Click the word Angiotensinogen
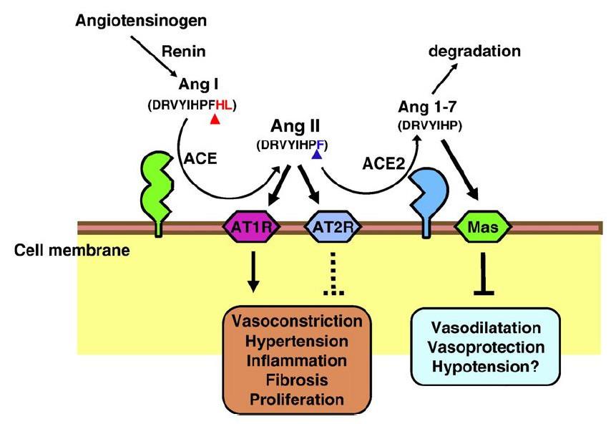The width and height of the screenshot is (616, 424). coord(141,21)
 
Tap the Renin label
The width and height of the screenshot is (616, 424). coord(184,52)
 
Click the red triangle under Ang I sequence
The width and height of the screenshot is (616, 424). coord(215,119)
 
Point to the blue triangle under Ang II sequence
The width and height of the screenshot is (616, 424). coord(317,155)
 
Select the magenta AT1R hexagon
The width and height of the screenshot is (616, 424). coord(252,227)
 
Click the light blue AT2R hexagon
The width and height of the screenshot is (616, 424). coord(333,227)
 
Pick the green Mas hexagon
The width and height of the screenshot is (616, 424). coord(483,227)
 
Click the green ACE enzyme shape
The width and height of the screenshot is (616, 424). coord(157,193)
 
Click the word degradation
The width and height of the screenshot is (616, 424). coord(474,51)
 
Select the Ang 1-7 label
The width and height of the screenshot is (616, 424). coord(427,107)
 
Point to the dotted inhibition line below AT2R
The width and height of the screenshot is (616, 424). coord(333,274)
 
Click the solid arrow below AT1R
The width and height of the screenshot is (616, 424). coord(253,271)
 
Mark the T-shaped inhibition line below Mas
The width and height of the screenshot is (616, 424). coord(484,274)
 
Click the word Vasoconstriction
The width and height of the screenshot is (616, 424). coord(297,321)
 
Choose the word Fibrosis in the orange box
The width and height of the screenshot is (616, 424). coord(297,380)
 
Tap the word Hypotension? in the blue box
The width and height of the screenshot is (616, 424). coord(486,367)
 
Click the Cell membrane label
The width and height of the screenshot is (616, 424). coord(72,250)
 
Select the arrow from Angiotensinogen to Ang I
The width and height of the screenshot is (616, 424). coord(154,57)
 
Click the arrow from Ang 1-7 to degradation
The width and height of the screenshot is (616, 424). coord(445,78)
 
